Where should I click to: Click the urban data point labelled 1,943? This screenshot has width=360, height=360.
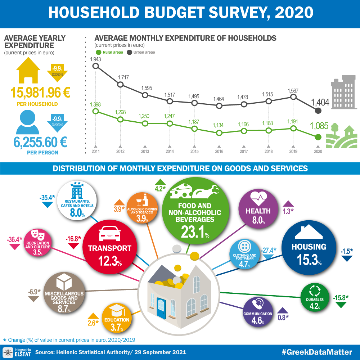95,66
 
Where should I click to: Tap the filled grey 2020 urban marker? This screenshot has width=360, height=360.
318,111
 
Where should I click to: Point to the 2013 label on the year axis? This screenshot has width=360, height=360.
145,152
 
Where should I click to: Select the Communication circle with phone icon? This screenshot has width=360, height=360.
257,311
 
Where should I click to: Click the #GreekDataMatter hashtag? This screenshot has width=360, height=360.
316,351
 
